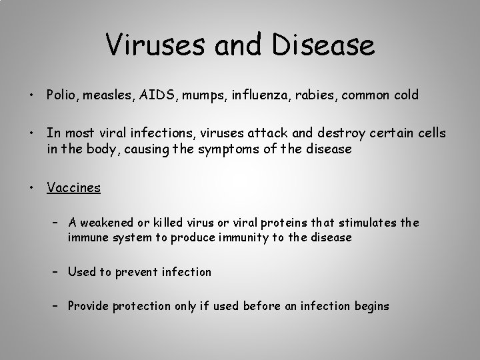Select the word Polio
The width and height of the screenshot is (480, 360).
[61, 95]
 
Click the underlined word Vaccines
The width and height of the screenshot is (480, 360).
[73, 187]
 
